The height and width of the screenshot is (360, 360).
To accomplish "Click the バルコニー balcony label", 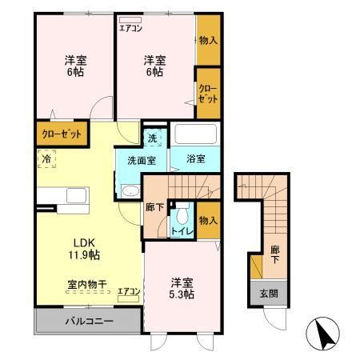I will (88, 322).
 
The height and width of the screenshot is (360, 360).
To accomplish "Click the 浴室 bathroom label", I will (196, 158).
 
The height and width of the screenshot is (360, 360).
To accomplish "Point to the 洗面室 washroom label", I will (143, 158).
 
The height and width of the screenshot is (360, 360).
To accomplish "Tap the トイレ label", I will (182, 231).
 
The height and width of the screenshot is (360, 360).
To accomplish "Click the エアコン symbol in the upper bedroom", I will (130, 25).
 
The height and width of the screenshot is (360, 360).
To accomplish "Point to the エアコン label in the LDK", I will (129, 292).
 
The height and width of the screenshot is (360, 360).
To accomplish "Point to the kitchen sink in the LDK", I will (77, 197).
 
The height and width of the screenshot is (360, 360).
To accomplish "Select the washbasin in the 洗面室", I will (130, 190).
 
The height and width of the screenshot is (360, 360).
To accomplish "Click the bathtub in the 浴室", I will (195, 134).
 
